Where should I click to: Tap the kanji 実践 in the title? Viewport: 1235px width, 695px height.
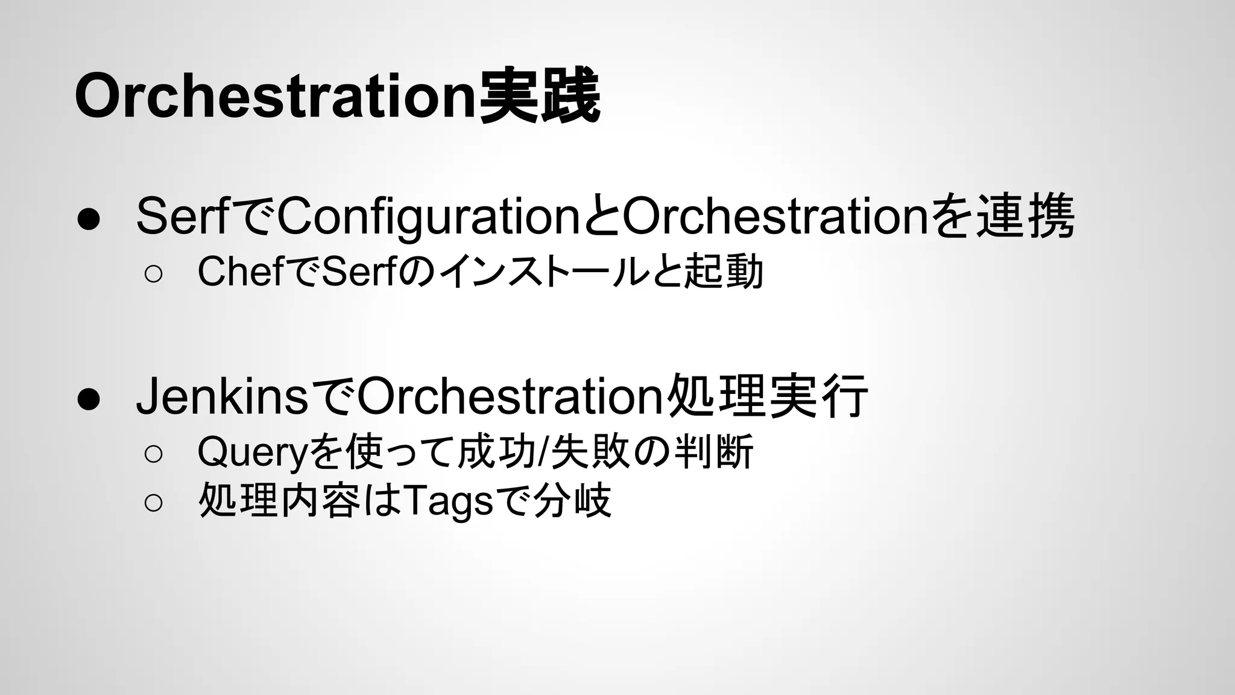[539, 97]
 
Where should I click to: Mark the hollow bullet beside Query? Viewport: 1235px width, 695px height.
[153, 454]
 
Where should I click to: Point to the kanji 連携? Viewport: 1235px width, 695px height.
[1025, 217]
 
